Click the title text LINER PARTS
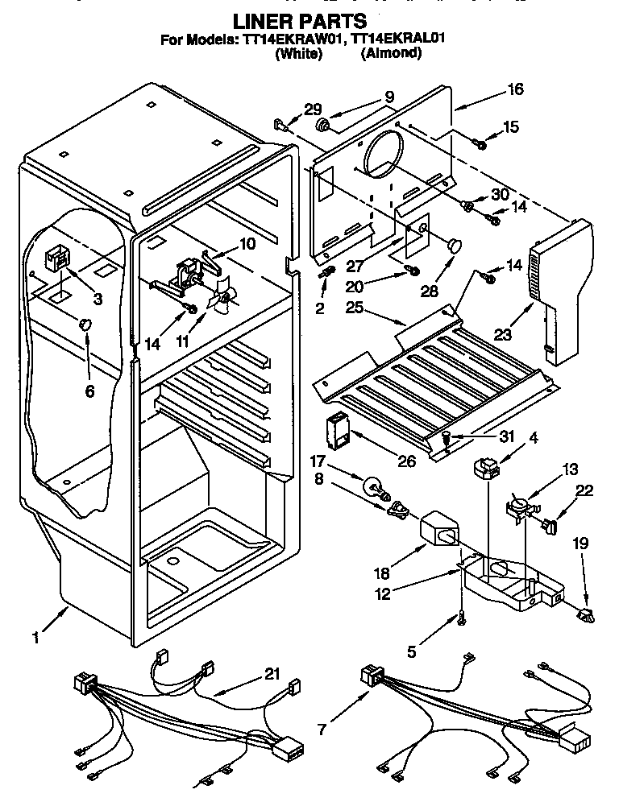(300, 22)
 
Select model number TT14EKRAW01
(291, 39)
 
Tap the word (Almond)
(391, 54)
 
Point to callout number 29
(311, 110)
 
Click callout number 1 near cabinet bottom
(35, 638)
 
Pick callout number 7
(322, 730)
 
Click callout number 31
(483, 437)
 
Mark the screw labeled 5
(461, 617)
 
